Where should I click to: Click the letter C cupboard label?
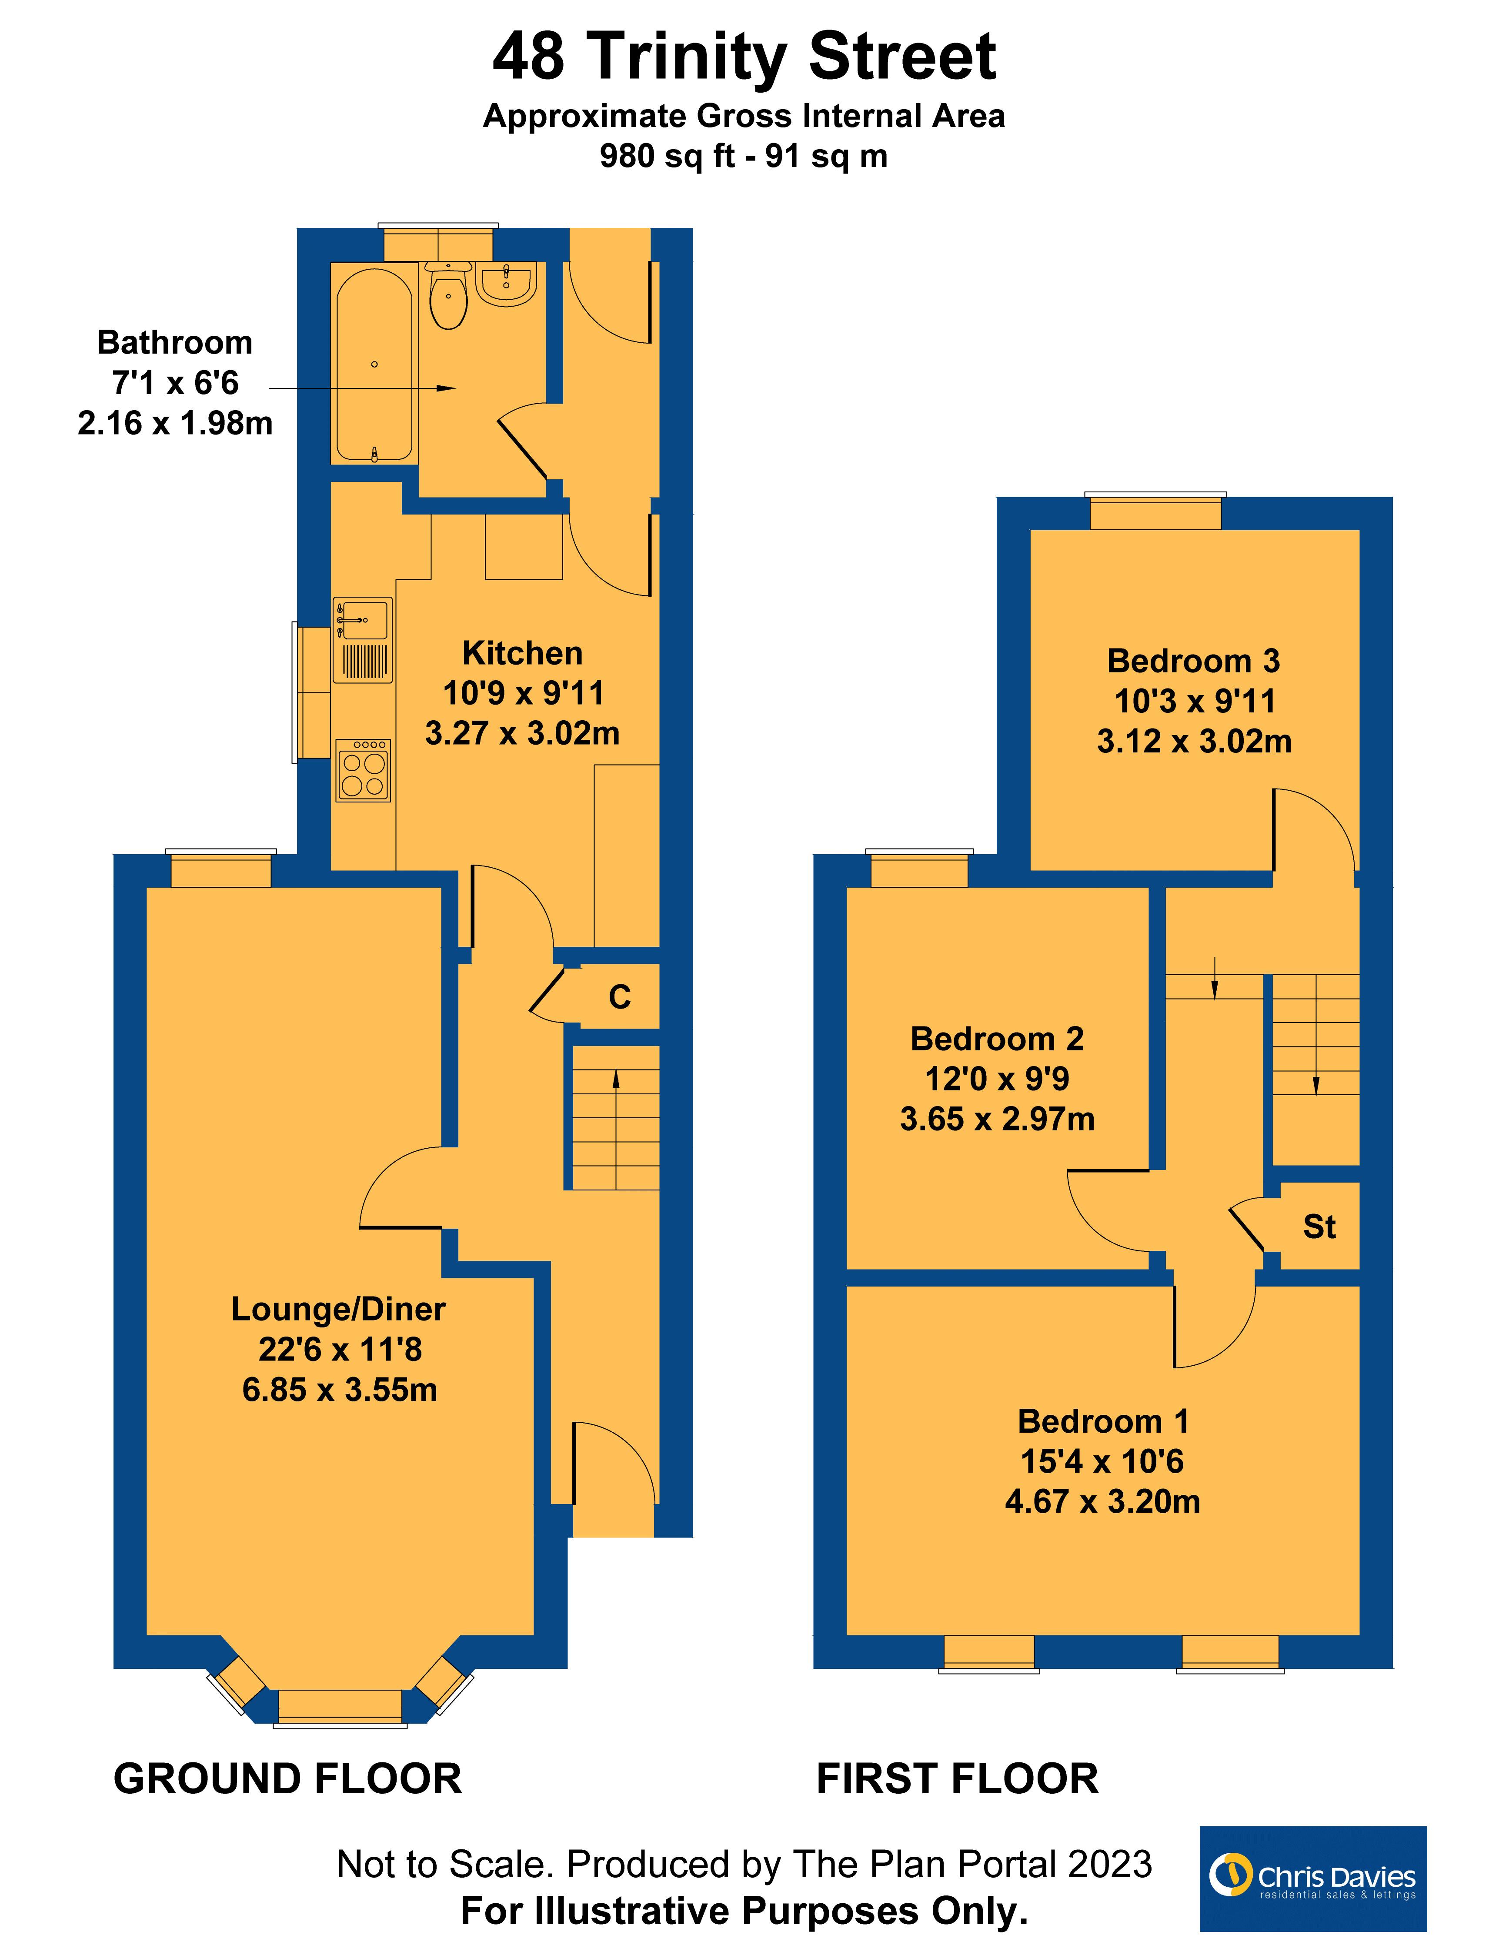coord(620,997)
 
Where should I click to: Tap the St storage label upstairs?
coord(1319,1227)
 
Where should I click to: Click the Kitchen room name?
coord(522,653)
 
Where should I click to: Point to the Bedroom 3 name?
coord(1193,660)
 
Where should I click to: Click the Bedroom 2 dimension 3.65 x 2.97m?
coord(997,1119)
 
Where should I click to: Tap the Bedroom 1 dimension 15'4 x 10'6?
coord(1102,1461)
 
